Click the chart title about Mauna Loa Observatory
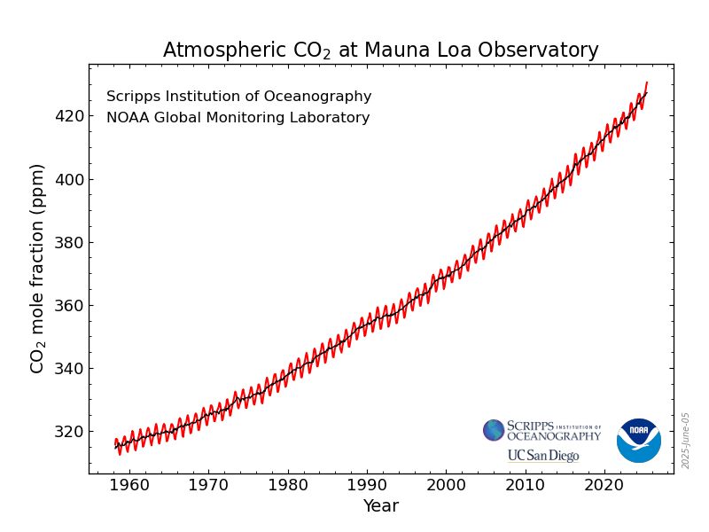380,51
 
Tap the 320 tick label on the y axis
70,432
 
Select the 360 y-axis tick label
70,306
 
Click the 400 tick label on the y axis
70,179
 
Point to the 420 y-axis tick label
70,116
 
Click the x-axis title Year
380,506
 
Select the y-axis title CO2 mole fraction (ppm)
37,268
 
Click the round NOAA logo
639,441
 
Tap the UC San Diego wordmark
542,456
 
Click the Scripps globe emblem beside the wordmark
494,430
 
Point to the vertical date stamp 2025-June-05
685,441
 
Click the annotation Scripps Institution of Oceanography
238,97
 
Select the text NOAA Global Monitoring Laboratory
238,118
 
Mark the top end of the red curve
647,82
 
